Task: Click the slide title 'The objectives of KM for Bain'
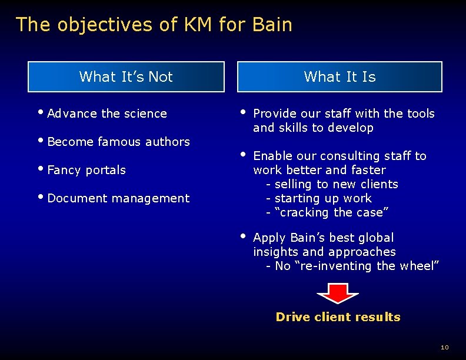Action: coord(154,25)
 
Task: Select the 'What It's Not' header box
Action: coord(126,76)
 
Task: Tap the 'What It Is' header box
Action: coord(339,76)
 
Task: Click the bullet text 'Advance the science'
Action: coord(107,114)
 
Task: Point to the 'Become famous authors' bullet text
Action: coord(118,142)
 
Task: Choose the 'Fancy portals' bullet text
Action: coord(86,170)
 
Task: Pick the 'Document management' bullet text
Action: coord(118,198)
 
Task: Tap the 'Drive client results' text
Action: coord(338,317)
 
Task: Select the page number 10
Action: coord(444,348)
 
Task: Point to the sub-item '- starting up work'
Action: coord(319,198)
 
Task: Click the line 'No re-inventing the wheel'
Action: coord(352,266)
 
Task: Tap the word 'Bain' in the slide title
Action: coord(272,25)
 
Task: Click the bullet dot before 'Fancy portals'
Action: coord(43,169)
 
